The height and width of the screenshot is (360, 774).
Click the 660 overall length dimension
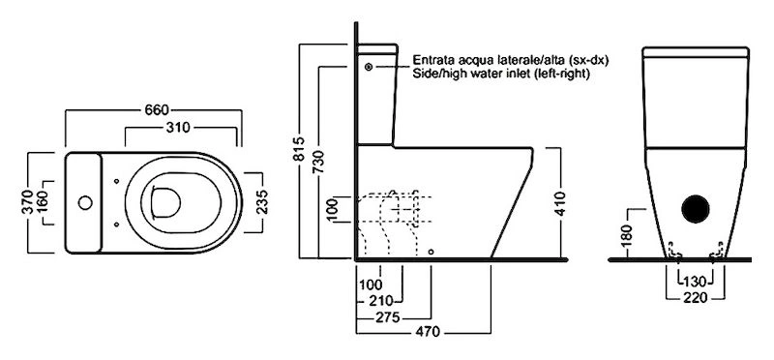click(157, 109)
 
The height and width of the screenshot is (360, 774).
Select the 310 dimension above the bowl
click(178, 128)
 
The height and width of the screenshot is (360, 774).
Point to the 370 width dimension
click(28, 202)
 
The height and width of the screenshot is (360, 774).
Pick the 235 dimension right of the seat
click(261, 201)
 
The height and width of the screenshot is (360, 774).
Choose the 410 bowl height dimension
click(561, 204)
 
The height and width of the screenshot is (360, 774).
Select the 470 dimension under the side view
click(428, 332)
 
